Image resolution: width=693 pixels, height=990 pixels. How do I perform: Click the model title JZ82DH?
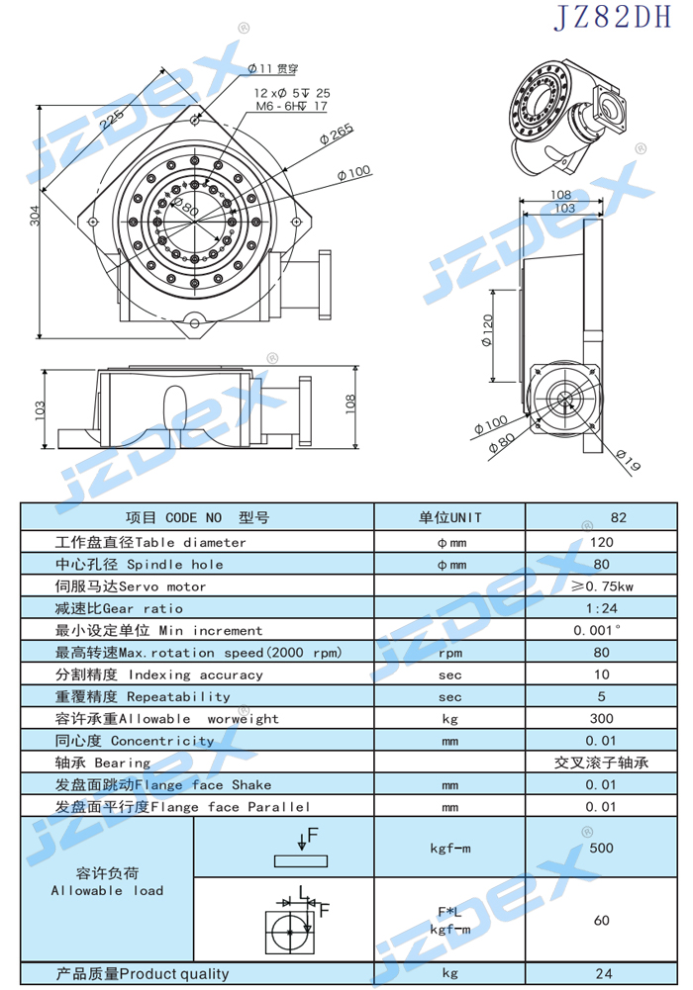(612, 17)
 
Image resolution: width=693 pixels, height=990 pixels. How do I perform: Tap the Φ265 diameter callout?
(337, 134)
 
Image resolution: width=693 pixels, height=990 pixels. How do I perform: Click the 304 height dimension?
(35, 216)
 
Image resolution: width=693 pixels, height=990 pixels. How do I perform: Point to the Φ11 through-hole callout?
(273, 68)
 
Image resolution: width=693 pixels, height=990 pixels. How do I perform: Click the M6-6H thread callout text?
(291, 106)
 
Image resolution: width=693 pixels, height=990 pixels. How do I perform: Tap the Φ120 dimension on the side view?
(487, 330)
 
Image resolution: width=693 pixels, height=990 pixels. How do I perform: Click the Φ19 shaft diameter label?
(629, 460)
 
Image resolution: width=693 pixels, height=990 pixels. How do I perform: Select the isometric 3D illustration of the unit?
(570, 117)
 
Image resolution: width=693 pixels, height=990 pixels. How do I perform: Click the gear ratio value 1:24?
(601, 608)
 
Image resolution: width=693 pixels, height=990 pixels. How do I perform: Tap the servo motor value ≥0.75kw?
(602, 586)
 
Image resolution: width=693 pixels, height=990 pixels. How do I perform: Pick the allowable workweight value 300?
(601, 718)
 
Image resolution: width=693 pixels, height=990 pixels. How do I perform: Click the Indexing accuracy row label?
(158, 675)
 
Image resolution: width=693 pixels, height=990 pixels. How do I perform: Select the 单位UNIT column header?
(449, 517)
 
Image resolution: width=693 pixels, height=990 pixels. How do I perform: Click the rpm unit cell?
(449, 653)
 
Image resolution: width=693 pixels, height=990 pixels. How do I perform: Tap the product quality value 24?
(603, 973)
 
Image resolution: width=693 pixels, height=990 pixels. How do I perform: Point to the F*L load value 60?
(601, 920)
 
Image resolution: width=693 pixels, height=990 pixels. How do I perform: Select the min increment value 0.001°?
(597, 630)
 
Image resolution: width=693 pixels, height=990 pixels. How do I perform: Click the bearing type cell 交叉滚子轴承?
(601, 763)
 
